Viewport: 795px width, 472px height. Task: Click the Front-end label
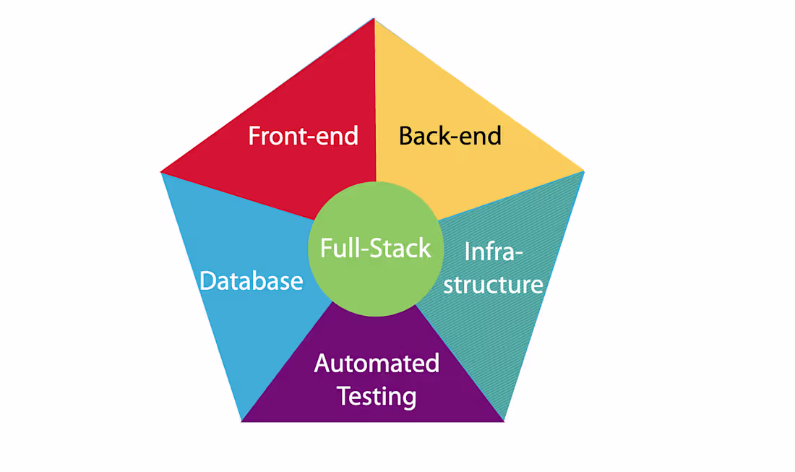303,136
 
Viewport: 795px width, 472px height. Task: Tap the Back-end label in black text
450,136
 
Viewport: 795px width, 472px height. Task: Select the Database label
251,280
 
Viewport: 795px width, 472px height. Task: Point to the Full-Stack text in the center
375,248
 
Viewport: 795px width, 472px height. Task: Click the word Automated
377,363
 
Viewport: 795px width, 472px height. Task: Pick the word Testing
377,396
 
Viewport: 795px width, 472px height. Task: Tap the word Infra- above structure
493,252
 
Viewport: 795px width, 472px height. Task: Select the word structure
493,284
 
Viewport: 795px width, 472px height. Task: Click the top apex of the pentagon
374,20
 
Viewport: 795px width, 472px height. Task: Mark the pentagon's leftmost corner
161,172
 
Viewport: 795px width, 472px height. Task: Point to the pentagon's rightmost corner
583,171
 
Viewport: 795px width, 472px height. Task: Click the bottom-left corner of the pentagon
241,421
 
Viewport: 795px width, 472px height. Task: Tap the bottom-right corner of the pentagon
504,421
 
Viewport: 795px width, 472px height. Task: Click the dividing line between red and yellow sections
374,108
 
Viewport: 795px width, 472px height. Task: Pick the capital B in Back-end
406,136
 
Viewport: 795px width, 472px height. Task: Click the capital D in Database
208,280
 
